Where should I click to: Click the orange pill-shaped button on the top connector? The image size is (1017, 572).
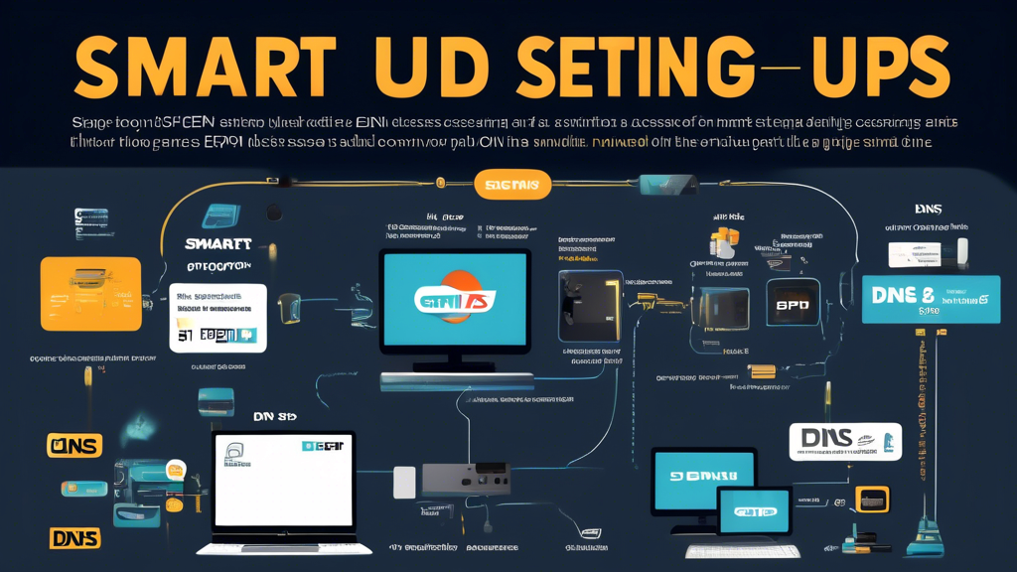pyautogui.click(x=512, y=185)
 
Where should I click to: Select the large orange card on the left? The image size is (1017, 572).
pyautogui.click(x=90, y=293)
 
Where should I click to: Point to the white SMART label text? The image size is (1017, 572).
pyautogui.click(x=218, y=244)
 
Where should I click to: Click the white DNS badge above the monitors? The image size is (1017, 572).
pyautogui.click(x=845, y=442)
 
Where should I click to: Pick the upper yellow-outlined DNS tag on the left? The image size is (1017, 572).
pyautogui.click(x=74, y=445)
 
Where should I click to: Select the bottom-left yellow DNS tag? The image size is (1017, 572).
pyautogui.click(x=74, y=538)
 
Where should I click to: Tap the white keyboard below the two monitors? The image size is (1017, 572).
pyautogui.click(x=742, y=551)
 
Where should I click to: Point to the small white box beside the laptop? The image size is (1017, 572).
pyautogui.click(x=404, y=483)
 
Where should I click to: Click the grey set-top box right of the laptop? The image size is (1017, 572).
pyautogui.click(x=466, y=479)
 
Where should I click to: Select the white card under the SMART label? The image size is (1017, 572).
pyautogui.click(x=218, y=318)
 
